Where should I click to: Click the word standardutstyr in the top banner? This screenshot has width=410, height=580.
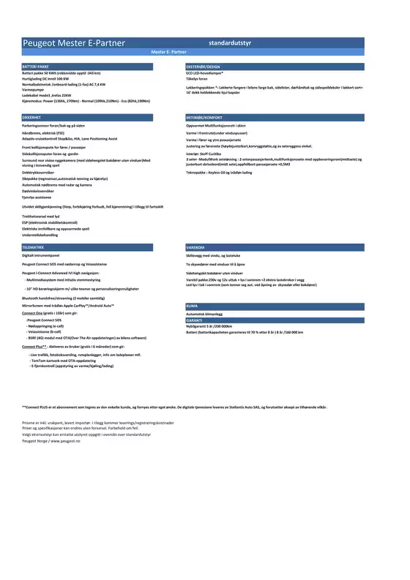pyautogui.click(x=230, y=43)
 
